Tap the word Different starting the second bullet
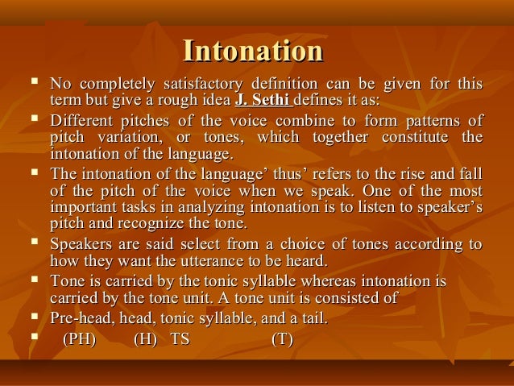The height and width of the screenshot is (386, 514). tap(82, 121)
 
